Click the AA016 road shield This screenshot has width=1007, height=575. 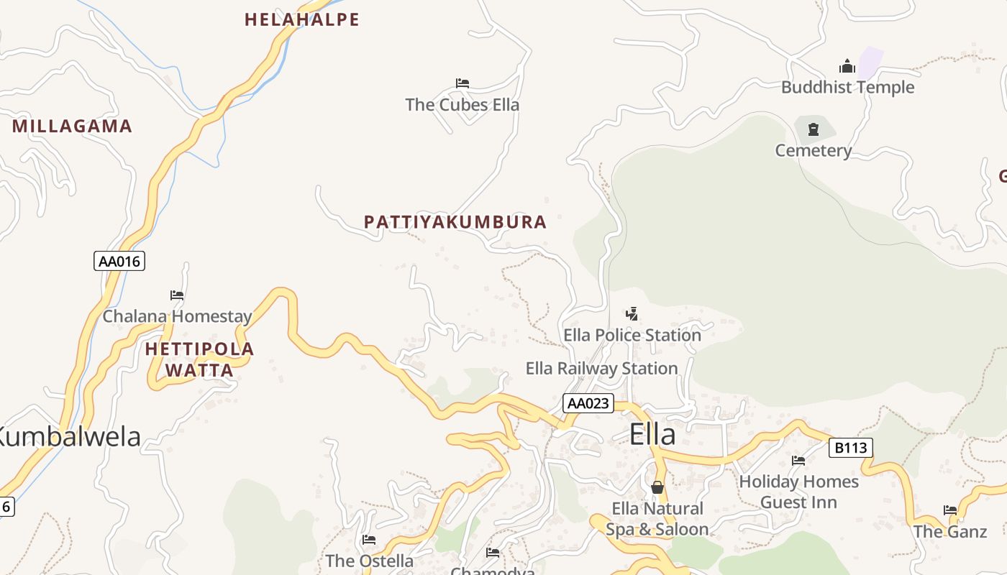[x=119, y=261]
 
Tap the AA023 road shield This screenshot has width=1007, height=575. [x=588, y=403]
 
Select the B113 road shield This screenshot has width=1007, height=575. [x=851, y=448]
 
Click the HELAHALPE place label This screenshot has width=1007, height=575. [x=302, y=19]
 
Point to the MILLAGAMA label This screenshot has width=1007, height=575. [x=73, y=126]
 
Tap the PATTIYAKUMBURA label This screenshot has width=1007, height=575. [x=455, y=222]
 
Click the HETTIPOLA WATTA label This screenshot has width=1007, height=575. [x=199, y=359]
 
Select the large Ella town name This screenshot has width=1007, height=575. [x=652, y=435]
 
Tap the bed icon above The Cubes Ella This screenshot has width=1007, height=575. [x=463, y=83]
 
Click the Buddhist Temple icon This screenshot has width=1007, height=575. [x=847, y=67]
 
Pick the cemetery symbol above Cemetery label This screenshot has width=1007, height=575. [x=814, y=129]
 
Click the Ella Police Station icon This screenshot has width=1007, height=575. [x=632, y=313]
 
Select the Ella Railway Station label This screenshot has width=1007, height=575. [x=601, y=369]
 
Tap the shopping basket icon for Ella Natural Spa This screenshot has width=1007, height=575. [x=657, y=487]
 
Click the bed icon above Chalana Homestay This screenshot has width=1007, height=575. [x=177, y=295]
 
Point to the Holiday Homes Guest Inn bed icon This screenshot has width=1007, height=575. [x=798, y=460]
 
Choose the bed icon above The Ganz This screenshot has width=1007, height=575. [x=950, y=510]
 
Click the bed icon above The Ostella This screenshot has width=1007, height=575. [x=369, y=539]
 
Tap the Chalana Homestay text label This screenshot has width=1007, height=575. [x=178, y=316]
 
